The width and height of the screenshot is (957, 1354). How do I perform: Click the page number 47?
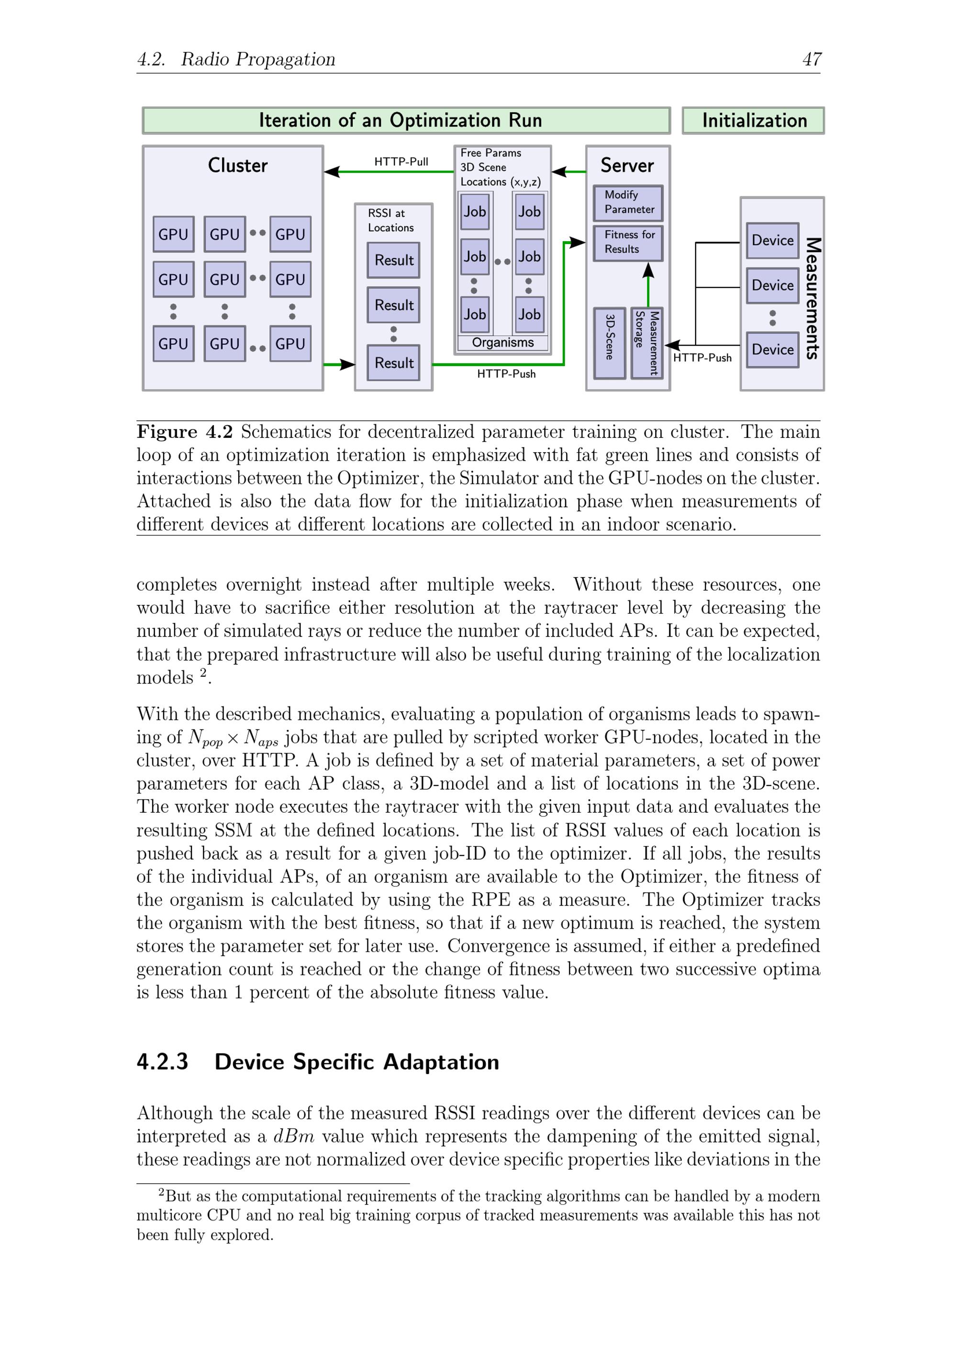(812, 59)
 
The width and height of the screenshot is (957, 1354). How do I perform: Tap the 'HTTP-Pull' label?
(401, 162)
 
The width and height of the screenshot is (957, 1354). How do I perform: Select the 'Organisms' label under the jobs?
(502, 343)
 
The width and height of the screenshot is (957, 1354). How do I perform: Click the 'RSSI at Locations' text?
(390, 221)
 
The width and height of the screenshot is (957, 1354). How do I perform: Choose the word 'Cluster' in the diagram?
(238, 166)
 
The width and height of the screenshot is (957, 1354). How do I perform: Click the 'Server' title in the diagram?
(627, 166)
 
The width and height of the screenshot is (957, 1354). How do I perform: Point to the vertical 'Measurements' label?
(812, 298)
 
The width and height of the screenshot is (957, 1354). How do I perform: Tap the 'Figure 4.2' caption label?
(185, 432)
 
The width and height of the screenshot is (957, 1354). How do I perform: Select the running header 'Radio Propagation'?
(258, 59)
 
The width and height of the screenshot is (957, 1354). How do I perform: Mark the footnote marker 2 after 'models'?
(203, 672)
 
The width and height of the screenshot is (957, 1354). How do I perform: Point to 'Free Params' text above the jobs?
(490, 153)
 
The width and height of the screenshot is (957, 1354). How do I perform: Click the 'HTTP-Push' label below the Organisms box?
(506, 374)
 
